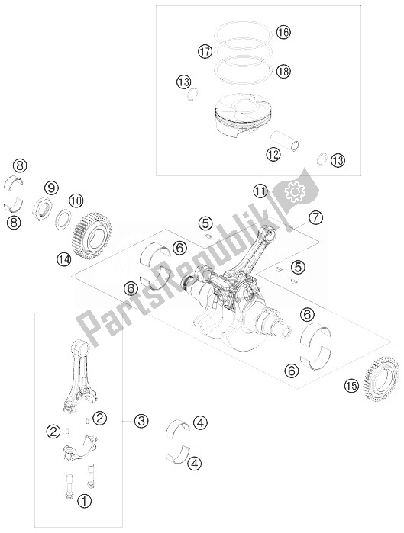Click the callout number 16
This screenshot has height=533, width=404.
[283, 32]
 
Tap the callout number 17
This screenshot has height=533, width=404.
[205, 52]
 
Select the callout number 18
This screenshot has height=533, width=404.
[283, 72]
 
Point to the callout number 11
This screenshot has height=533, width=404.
[260, 191]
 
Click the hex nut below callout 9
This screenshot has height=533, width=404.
[42, 207]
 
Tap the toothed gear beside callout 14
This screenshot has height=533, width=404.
[92, 235]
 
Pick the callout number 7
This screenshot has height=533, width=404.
[315, 217]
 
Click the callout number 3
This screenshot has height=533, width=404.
[141, 421]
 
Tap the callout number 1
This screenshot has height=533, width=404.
[84, 501]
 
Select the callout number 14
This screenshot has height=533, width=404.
[64, 260]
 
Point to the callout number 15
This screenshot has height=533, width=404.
[351, 386]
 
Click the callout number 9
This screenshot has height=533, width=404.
[51, 188]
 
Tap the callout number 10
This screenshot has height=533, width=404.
[76, 201]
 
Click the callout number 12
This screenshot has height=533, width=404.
[273, 155]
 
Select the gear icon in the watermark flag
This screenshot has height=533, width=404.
[295, 192]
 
